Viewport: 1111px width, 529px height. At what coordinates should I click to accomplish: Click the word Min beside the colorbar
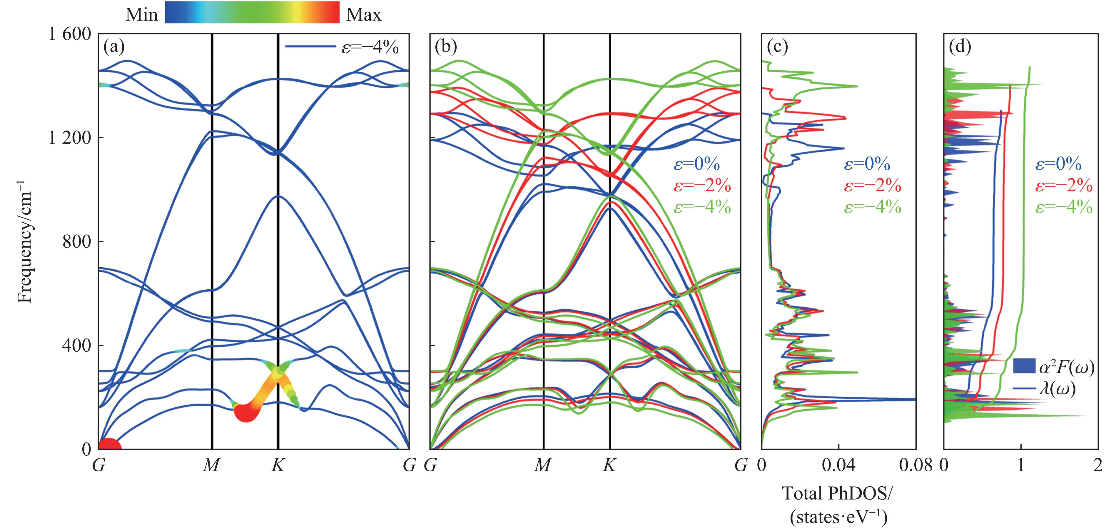click(x=141, y=15)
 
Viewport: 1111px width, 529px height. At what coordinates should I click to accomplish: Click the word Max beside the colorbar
click(x=364, y=15)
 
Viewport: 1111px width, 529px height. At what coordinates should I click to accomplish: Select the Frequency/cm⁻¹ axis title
click(x=25, y=242)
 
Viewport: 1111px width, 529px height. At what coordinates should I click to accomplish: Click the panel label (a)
click(x=114, y=46)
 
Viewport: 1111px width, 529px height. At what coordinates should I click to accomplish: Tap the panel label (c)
click(x=777, y=46)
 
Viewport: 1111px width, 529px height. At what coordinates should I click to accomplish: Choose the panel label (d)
click(x=960, y=46)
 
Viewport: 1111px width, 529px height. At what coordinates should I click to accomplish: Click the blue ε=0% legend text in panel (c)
click(x=867, y=164)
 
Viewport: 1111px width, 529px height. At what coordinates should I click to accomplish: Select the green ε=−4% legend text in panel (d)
click(x=1064, y=208)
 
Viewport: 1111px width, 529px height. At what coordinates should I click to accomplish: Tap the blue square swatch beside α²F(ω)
click(x=1024, y=366)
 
